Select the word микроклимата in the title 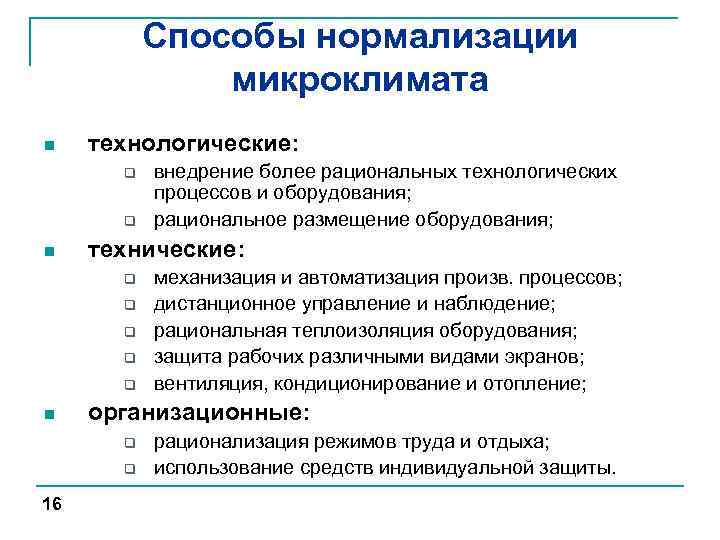click(360, 79)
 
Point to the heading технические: click(167, 247)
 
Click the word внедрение click(198, 172)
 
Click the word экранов click(549, 357)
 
